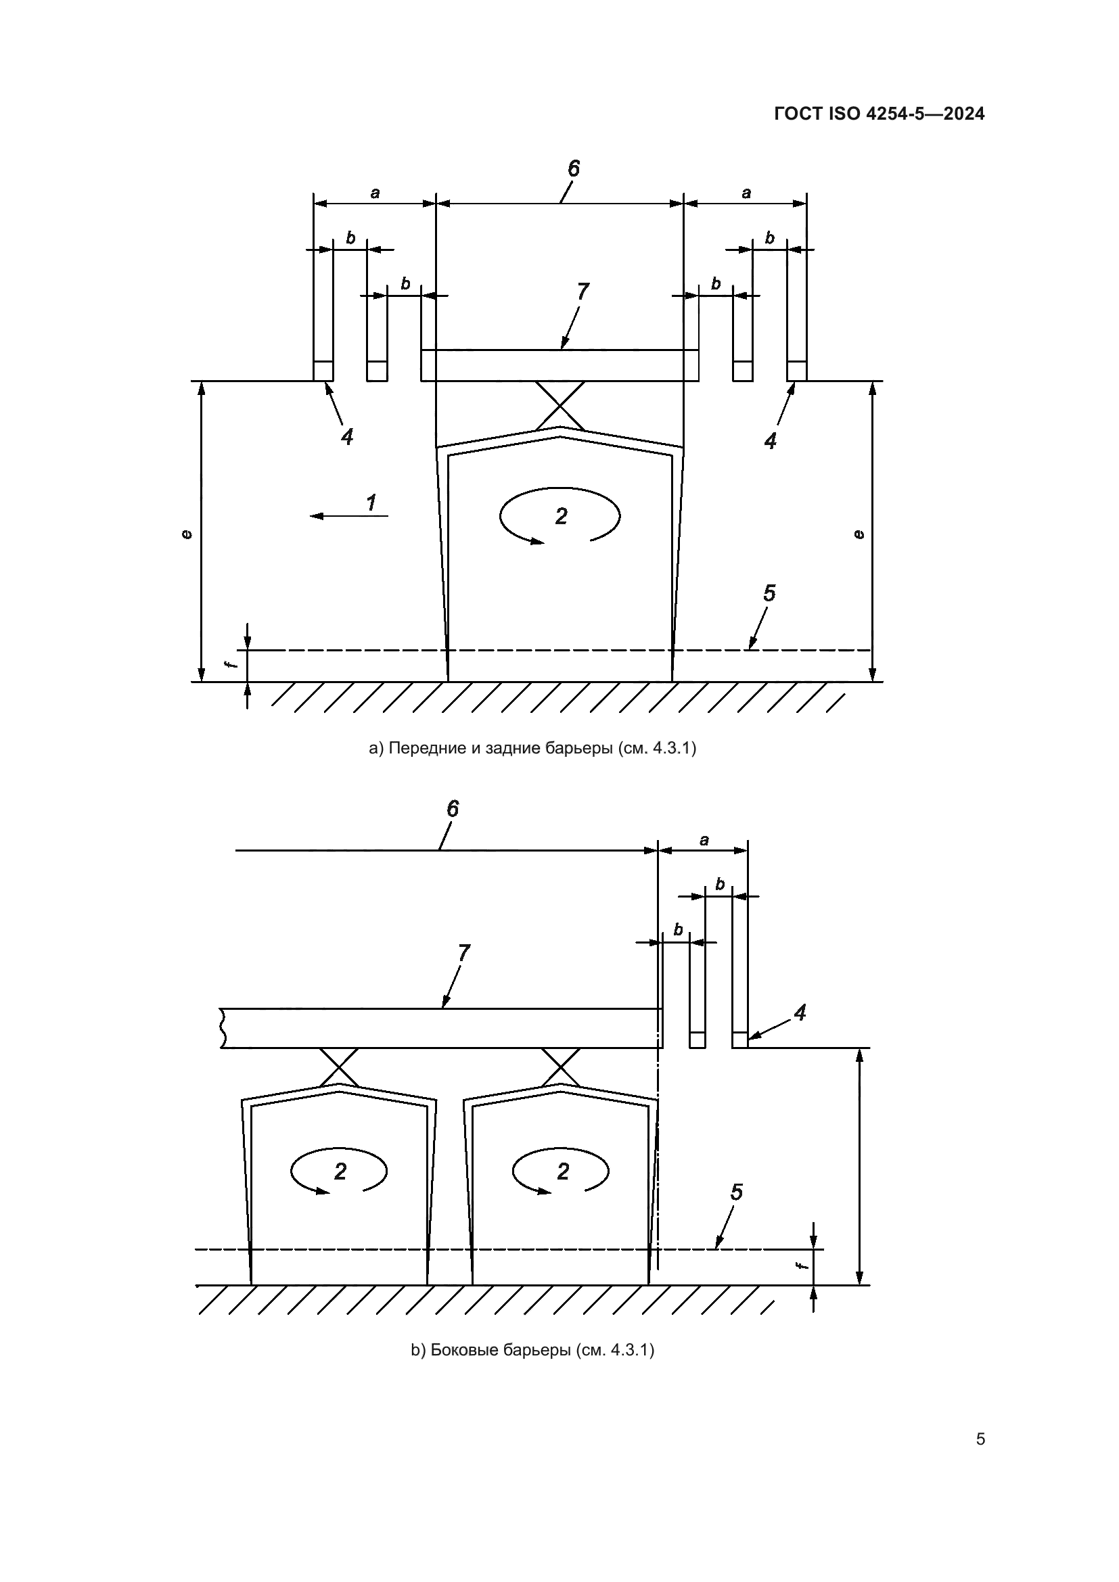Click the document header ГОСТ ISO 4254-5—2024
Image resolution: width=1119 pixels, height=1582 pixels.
[x=880, y=114]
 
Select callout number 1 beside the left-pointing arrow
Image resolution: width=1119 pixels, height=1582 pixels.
[x=371, y=503]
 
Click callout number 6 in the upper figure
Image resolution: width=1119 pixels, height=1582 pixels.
[x=573, y=168]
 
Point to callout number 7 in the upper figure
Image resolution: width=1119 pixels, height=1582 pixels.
[x=583, y=292]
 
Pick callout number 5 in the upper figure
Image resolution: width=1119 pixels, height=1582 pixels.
[x=769, y=593]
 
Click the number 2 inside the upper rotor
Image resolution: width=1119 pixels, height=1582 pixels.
[x=561, y=516]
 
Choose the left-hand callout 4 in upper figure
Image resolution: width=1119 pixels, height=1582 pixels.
[x=347, y=436]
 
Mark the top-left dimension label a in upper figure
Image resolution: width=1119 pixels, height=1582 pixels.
[x=375, y=193]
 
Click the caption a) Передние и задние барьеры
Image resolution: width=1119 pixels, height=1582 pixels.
[x=532, y=748]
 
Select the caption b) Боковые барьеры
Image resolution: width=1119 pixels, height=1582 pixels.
[x=532, y=1369]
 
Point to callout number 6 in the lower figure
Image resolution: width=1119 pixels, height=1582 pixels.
[x=453, y=809]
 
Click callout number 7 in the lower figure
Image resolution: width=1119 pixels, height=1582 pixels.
[x=463, y=953]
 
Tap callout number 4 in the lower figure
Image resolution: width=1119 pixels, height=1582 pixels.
[x=799, y=1013]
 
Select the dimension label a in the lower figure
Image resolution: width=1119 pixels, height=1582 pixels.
[x=704, y=841]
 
